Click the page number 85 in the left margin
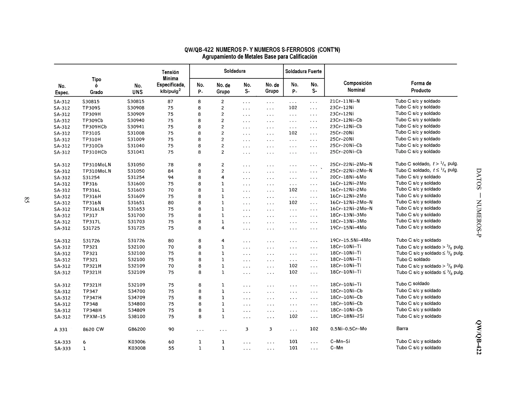(x=27, y=200)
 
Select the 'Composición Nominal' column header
(x=357, y=86)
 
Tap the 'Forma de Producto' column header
(x=421, y=87)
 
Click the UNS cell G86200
(x=137, y=329)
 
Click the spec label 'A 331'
(x=61, y=329)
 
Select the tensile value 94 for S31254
(x=171, y=177)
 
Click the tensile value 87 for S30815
(x=170, y=101)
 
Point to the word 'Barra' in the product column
(x=402, y=329)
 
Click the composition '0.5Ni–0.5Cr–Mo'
(x=348, y=329)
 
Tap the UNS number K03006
(x=137, y=342)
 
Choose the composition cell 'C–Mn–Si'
(x=340, y=341)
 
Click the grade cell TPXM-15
(x=94, y=317)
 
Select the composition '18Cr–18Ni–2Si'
(x=347, y=316)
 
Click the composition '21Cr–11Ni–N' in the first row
(x=344, y=101)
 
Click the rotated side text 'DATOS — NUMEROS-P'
(x=479, y=203)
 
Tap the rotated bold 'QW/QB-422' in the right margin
(x=479, y=337)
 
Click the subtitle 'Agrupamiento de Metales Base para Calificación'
(x=260, y=57)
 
